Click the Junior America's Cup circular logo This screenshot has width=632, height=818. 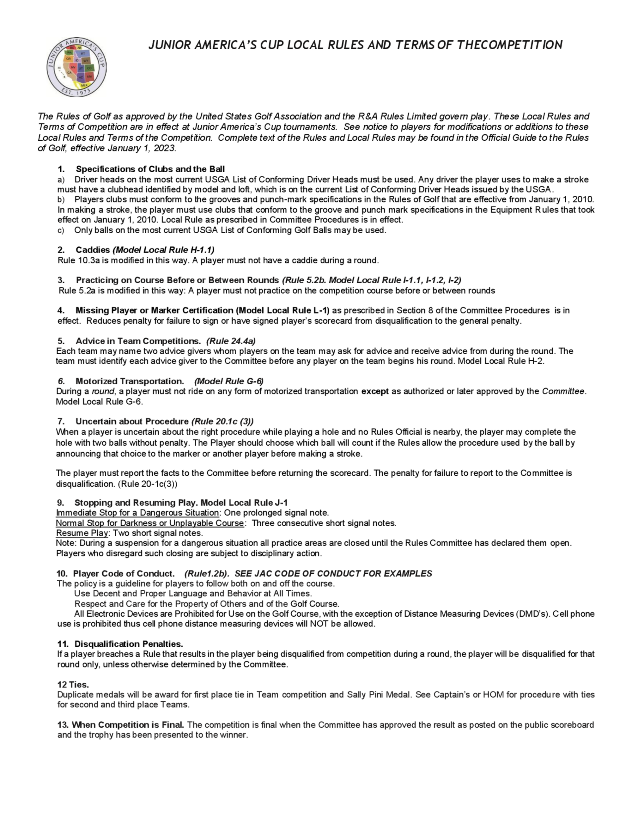coord(76,67)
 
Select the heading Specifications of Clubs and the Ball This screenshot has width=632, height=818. coord(150,169)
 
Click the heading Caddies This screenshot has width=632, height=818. coord(93,250)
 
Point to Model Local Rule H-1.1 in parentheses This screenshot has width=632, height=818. coord(164,250)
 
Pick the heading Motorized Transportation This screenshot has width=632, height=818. coord(130,381)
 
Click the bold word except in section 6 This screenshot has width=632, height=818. coord(375,391)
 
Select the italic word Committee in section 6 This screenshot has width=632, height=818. coord(563,391)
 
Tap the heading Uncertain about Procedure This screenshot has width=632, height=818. coord(132,421)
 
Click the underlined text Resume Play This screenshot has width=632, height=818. coord(82,533)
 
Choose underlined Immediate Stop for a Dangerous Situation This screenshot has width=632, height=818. coord(137,513)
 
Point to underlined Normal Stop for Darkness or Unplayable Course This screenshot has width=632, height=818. coord(150,523)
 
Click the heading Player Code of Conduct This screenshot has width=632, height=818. coord(124,574)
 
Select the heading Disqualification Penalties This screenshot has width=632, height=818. coord(128,644)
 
